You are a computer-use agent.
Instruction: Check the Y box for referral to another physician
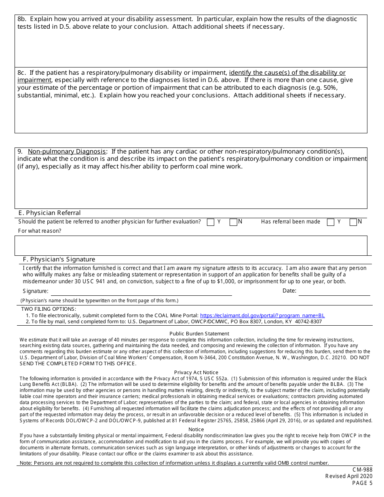tap(210, 222)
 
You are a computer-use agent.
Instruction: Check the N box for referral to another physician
tap(233, 222)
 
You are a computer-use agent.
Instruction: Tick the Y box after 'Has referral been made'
tap(331, 222)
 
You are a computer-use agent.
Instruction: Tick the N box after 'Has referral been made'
tap(353, 222)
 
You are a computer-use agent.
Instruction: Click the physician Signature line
tap(141, 291)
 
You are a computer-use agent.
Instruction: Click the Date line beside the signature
tap(334, 291)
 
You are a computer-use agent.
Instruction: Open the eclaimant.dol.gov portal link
tap(262, 316)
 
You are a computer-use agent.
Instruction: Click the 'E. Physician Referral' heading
tap(49, 213)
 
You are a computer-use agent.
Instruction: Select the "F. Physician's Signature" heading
tap(59, 259)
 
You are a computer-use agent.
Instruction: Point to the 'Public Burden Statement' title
tap(199, 334)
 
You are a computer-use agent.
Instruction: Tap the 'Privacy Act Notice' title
tap(196, 373)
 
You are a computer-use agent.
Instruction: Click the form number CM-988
tap(362, 470)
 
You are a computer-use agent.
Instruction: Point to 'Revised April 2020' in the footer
tap(349, 476)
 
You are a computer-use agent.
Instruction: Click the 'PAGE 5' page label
tap(362, 483)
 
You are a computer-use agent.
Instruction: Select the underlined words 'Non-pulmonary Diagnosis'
tap(67, 152)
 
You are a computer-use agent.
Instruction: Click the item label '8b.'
tap(22, 19)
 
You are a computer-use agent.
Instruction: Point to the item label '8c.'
tap(22, 73)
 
